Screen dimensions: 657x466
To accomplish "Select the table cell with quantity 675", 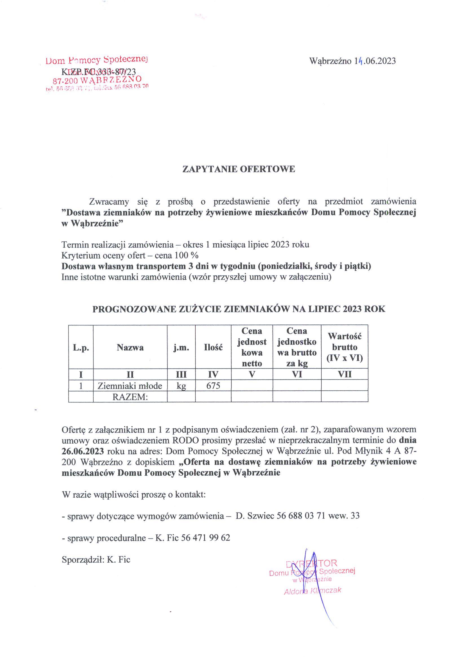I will pyautogui.click(x=213, y=386).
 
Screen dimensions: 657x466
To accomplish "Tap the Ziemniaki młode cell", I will pyautogui.click(x=130, y=386).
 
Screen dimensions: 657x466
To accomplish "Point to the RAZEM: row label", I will pyautogui.click(x=130, y=397).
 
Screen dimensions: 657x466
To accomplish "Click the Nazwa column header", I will pyautogui.click(x=130, y=348).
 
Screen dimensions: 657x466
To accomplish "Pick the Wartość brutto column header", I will pyautogui.click(x=344, y=347).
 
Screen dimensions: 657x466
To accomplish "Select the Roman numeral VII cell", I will pyautogui.click(x=344, y=374).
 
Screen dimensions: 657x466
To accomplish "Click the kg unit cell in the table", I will pyautogui.click(x=181, y=386).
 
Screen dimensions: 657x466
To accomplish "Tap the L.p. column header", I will pyautogui.click(x=81, y=348).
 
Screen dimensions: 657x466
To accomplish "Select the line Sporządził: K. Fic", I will pyautogui.click(x=96, y=560).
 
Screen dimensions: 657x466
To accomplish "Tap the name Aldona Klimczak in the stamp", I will pyautogui.click(x=312, y=591).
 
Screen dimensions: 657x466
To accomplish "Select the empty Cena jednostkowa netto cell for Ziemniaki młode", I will pyautogui.click(x=252, y=386).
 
